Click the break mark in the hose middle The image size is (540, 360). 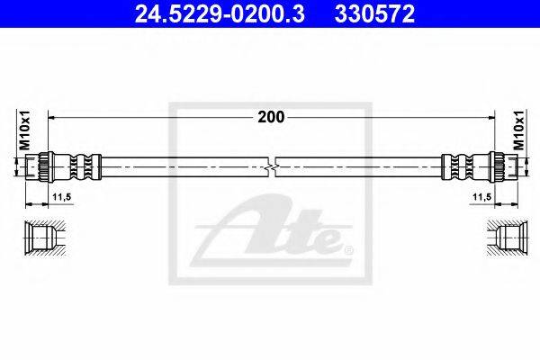pyautogui.click(x=271, y=167)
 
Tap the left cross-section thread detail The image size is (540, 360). pyautogui.click(x=42, y=238)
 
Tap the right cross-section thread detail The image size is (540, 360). pyautogui.click(x=500, y=238)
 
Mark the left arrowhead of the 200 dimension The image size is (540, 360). pyautogui.click(x=51, y=117)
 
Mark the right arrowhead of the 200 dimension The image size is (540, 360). pyautogui.click(x=490, y=117)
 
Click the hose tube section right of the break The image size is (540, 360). pyautogui.click(x=360, y=167)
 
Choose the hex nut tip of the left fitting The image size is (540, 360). pyautogui.click(x=39, y=167)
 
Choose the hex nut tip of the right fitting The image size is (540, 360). pyautogui.click(x=503, y=167)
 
